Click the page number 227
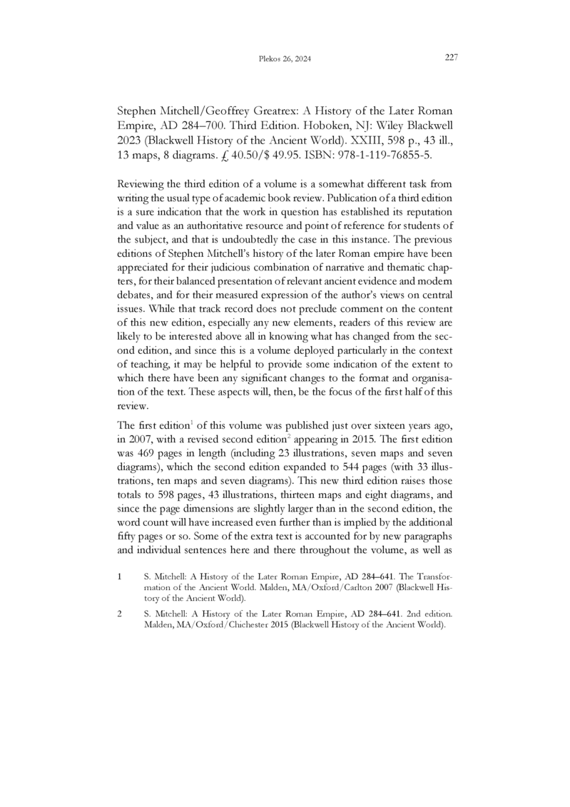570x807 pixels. click(450, 58)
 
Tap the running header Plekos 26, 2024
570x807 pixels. click(284, 60)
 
